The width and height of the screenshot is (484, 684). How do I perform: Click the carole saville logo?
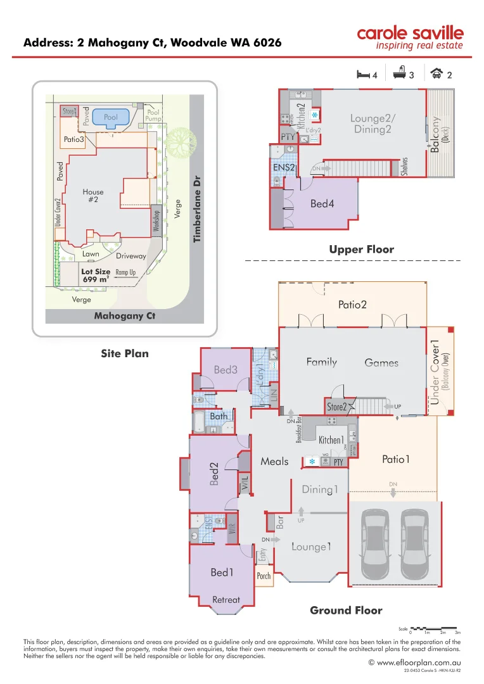409,37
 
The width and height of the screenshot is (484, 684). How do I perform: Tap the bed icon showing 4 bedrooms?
363,75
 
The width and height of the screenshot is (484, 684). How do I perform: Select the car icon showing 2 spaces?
436,74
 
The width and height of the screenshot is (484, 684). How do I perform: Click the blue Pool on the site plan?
111,117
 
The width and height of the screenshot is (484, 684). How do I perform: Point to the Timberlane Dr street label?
197,210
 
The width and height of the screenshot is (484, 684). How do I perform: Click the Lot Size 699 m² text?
96,275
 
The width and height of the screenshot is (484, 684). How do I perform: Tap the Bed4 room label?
322,204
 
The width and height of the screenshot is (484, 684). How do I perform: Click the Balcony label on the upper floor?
435,133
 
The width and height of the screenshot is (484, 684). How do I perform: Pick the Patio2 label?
352,305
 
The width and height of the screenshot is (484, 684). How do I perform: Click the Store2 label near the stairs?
336,407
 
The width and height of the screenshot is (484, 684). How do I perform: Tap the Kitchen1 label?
331,440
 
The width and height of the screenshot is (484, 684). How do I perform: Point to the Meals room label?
274,461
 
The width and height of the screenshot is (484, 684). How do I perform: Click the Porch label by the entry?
264,576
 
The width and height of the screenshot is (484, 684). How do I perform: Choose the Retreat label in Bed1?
226,599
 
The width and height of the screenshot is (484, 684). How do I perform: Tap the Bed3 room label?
226,369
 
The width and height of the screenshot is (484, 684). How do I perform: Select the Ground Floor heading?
346,611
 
